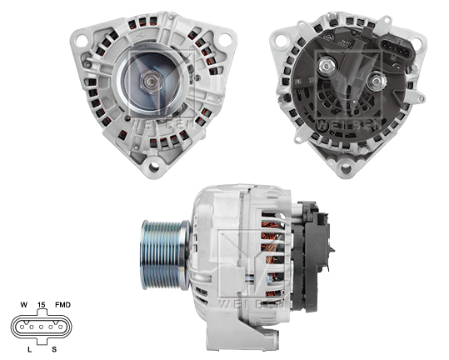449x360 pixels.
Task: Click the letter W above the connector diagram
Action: pos(24,306)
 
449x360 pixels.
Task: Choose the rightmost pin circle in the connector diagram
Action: pos(61,326)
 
